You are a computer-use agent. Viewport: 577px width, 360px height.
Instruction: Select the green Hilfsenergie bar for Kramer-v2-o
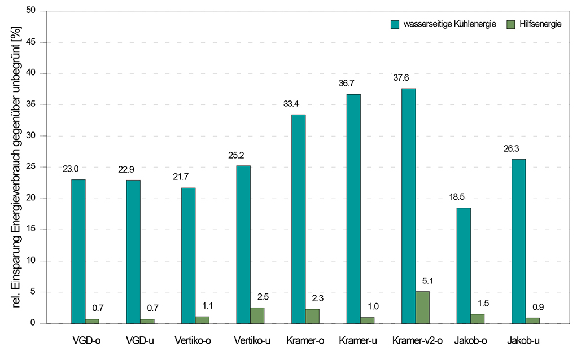(422, 308)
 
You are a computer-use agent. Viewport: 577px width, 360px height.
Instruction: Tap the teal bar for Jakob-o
(463, 266)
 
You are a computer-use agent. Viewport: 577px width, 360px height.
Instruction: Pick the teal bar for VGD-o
(78, 252)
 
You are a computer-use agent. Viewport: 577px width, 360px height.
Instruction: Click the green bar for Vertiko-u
(257, 315)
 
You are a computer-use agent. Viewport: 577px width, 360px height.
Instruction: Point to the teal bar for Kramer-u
(353, 209)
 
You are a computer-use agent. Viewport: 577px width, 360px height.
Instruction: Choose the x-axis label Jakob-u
(523, 341)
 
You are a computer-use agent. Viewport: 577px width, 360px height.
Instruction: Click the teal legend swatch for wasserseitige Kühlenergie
(395, 24)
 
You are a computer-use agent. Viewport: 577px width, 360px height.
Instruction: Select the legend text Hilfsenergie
(540, 24)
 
